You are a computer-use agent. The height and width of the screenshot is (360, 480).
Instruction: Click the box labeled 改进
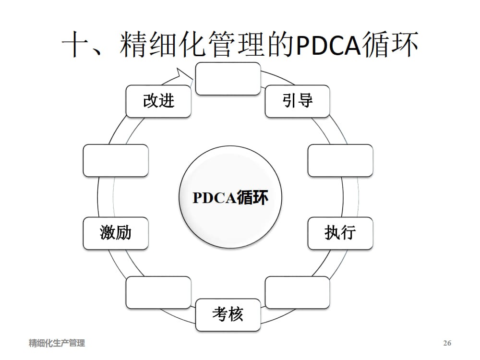(158, 101)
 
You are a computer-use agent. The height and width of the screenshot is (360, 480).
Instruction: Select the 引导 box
(298, 101)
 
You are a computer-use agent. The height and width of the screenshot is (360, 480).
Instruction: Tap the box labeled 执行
(340, 233)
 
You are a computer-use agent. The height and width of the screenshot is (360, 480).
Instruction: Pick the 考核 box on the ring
(228, 314)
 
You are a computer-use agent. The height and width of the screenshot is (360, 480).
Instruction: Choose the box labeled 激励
(116, 233)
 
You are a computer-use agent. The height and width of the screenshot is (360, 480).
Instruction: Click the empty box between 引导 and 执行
(340, 160)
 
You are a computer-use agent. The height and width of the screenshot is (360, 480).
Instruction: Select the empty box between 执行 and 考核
(298, 292)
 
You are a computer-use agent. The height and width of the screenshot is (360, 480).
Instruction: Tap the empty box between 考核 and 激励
(158, 292)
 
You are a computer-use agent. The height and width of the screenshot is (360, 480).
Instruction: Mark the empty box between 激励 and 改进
(116, 160)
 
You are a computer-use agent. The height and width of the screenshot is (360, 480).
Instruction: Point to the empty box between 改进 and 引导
(228, 78)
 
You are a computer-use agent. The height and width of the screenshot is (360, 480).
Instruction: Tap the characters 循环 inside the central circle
(252, 198)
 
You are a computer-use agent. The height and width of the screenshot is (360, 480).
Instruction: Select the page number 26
(447, 343)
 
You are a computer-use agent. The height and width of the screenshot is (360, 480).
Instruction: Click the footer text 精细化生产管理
(57, 343)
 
